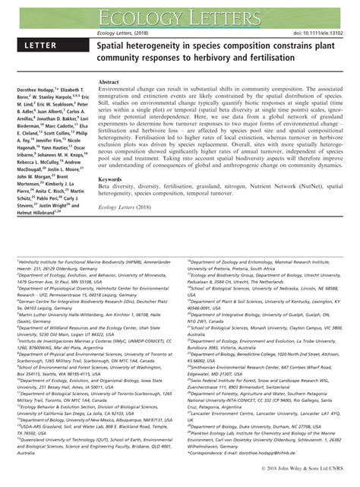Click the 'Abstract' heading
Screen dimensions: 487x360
tap(111, 81)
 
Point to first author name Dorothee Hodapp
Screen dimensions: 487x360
tap(34, 90)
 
